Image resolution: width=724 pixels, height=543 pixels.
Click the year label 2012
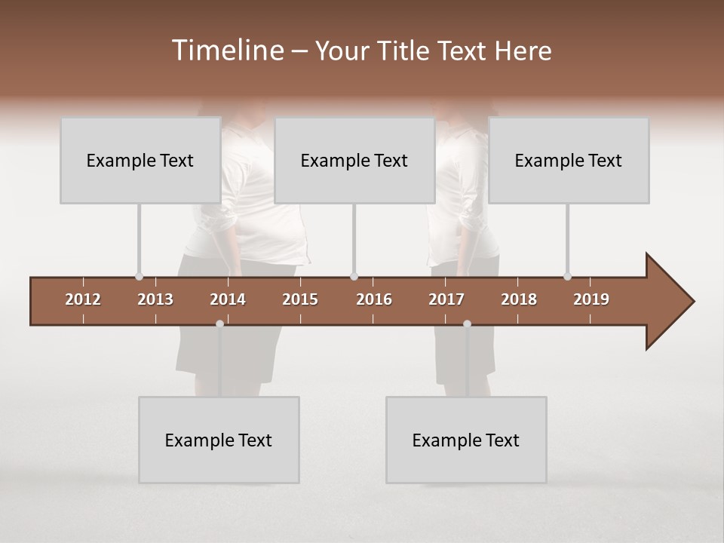[83, 299]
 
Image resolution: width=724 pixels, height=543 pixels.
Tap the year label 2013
[155, 299]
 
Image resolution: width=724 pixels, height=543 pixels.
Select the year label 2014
[228, 299]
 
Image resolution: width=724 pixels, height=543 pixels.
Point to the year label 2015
[300, 299]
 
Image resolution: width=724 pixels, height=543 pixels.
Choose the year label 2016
[374, 299]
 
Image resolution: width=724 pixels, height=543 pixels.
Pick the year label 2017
[446, 299]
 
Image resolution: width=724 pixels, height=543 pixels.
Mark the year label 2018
[519, 299]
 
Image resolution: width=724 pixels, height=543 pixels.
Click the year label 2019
[591, 299]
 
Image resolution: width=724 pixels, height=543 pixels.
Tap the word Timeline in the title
[227, 51]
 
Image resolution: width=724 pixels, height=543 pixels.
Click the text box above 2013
[140, 160]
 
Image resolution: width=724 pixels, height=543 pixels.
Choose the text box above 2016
[354, 160]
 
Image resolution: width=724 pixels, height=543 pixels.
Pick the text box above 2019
[569, 160]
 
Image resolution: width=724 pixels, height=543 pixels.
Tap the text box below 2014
[219, 440]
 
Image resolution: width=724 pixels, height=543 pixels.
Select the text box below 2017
[466, 440]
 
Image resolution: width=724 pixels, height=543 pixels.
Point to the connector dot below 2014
[219, 324]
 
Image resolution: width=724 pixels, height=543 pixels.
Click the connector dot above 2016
[354, 277]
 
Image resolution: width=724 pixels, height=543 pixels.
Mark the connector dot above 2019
[567, 277]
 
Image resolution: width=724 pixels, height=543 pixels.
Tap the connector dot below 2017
[467, 324]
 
